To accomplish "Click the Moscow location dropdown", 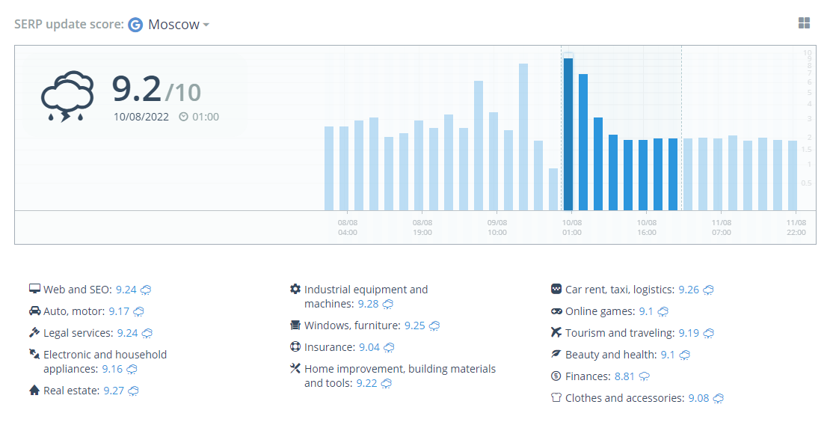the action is [179, 25].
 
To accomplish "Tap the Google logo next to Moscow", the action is [135, 25].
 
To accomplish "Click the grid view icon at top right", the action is [804, 22].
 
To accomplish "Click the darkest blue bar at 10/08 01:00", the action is [568, 135].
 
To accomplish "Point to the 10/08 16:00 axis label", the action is [646, 227].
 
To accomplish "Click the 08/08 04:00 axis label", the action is [347, 227].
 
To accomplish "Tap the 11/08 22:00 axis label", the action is [796, 227].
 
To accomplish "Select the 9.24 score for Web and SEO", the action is [126, 290].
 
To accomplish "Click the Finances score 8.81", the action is [624, 376].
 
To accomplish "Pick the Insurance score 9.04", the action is [369, 347].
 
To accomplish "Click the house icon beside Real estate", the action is [34, 391].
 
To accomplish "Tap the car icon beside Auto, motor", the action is [34, 311].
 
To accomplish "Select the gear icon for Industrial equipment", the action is [295, 289].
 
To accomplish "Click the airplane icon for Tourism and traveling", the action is [556, 332].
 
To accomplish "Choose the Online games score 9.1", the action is [646, 311].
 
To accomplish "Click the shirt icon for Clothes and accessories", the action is [556, 397].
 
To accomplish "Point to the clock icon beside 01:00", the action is [184, 117].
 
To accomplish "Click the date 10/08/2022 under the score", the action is [141, 117].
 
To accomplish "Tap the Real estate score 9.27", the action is [114, 391].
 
